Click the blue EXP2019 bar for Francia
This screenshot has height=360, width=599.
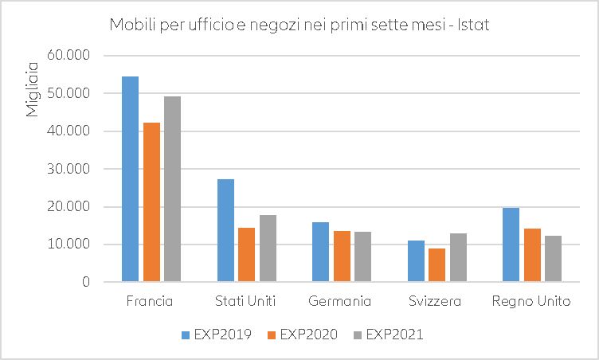click(x=130, y=179)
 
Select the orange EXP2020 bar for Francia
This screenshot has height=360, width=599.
click(x=151, y=202)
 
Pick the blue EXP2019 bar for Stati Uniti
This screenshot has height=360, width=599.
click(x=225, y=230)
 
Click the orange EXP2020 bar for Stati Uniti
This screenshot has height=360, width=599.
click(x=247, y=255)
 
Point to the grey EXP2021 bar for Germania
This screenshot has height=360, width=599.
click(x=362, y=256)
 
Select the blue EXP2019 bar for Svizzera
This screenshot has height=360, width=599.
click(x=416, y=261)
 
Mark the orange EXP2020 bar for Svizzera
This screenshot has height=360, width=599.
click(x=437, y=265)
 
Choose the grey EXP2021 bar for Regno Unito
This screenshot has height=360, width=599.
click(x=553, y=259)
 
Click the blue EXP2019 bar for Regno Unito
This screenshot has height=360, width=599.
click(x=511, y=245)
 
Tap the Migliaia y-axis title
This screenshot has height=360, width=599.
click(x=33, y=88)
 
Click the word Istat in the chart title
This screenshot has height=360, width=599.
click(x=472, y=25)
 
